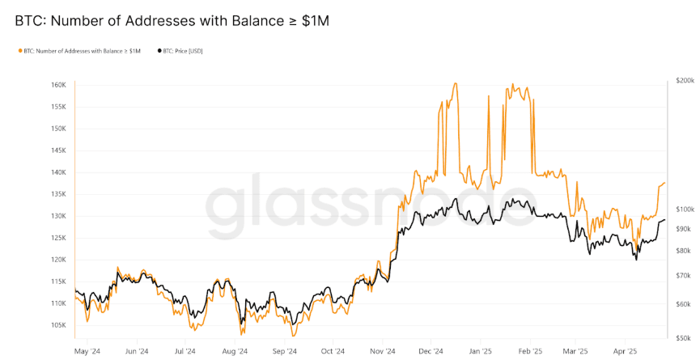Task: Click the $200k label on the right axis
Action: click(x=685, y=81)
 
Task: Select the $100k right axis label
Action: click(x=685, y=209)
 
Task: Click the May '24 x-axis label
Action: click(x=87, y=352)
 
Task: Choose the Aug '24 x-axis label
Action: click(x=235, y=352)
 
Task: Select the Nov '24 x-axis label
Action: click(x=383, y=352)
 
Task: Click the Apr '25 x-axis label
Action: click(x=626, y=352)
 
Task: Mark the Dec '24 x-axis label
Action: click(x=431, y=352)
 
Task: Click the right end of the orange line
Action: click(x=665, y=183)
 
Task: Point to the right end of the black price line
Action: click(x=665, y=219)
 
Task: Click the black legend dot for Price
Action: click(x=159, y=51)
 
